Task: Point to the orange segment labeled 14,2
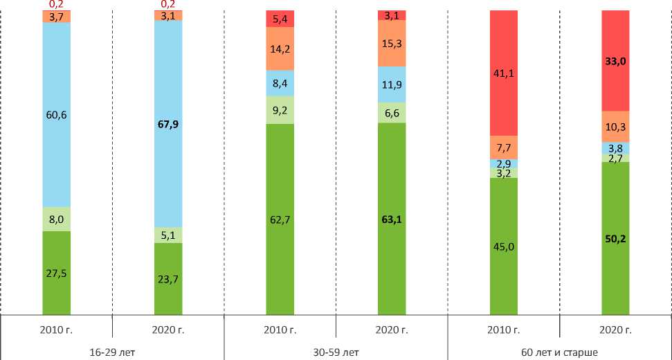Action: [280, 48]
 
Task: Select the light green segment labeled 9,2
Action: [280, 109]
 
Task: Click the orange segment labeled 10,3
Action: [615, 126]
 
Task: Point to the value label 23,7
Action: [168, 280]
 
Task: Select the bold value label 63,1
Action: [392, 221]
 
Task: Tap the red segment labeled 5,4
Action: [280, 19]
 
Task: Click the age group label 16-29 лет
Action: [112, 352]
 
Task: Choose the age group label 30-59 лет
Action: [336, 352]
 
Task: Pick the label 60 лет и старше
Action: [560, 352]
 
